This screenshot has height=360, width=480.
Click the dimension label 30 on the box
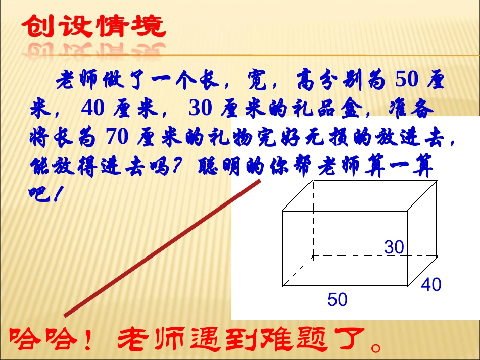(x=394, y=247)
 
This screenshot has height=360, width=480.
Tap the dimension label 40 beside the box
(x=431, y=285)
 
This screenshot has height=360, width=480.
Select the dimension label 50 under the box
(x=338, y=300)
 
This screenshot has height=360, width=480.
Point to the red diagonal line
(x=162, y=247)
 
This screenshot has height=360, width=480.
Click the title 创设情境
(x=94, y=26)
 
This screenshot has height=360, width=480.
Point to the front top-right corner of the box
(x=408, y=210)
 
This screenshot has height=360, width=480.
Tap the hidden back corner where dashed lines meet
(x=313, y=256)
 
